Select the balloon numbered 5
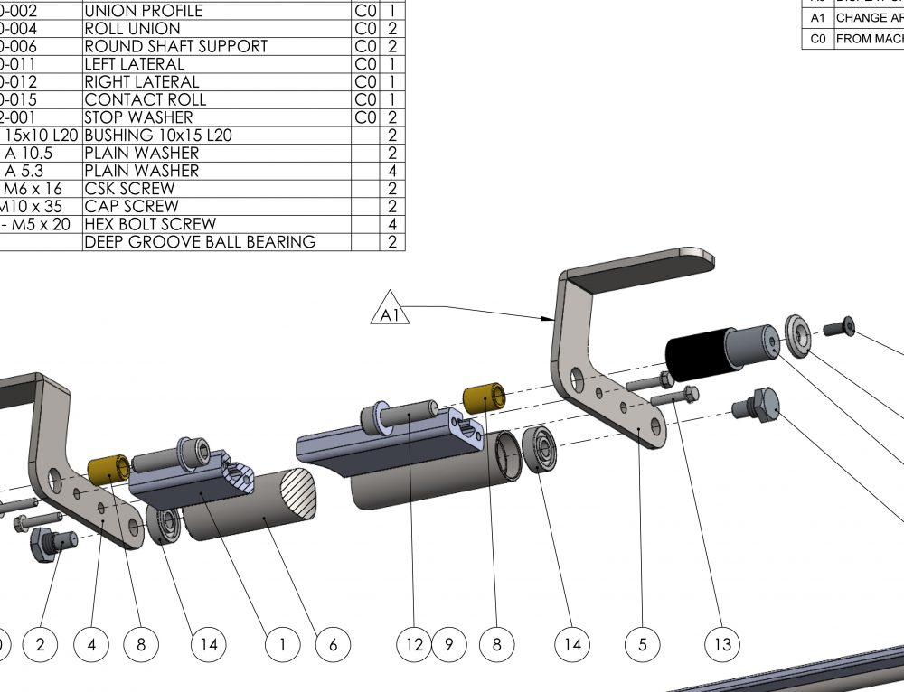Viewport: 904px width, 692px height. point(642,644)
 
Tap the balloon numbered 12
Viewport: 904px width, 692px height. point(414,644)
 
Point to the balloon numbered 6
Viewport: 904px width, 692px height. point(333,644)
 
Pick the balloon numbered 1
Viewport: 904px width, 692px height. point(283,644)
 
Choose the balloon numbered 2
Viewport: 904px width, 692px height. point(40,644)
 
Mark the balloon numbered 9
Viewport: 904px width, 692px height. point(449,644)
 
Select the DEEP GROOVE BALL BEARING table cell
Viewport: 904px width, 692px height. point(200,242)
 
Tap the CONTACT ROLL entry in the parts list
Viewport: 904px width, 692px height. point(145,99)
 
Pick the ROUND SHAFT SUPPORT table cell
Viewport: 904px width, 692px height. point(175,46)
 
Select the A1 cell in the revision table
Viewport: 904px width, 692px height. point(818,18)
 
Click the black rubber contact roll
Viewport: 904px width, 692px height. point(697,359)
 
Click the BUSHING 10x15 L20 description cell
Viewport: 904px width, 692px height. point(157,136)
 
